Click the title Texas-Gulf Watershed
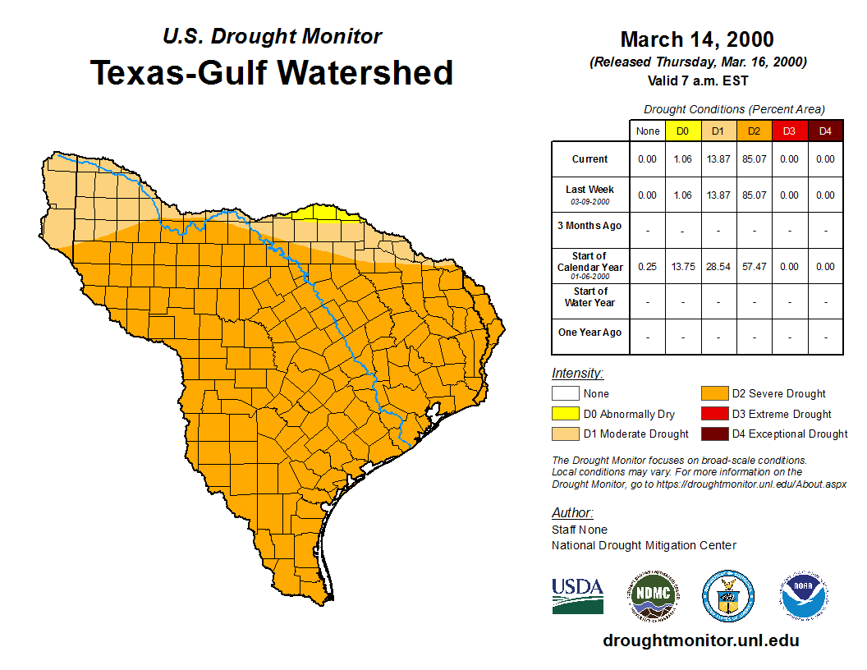pos(271,72)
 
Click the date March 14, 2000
pos(697,39)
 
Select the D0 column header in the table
pos(682,131)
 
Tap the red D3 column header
pos(789,131)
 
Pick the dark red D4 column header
pos(824,131)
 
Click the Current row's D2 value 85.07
pos(754,159)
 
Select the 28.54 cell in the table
pos(718,266)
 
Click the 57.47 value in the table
pos(754,266)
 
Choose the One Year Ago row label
pos(589,333)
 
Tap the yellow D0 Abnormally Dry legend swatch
pos(566,414)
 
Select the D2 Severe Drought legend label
pos(778,394)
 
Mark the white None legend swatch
pos(566,394)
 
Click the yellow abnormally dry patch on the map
pos(327,213)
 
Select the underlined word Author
pos(571,513)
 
